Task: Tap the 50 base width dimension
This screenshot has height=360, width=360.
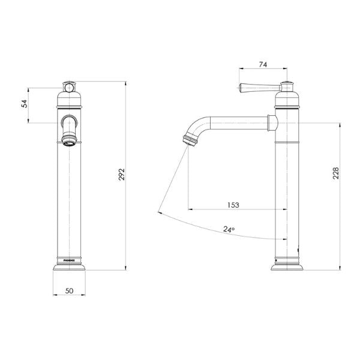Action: [x=69, y=290]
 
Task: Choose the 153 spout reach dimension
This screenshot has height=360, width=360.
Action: [x=233, y=205]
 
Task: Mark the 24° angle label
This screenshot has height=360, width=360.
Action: [x=228, y=229]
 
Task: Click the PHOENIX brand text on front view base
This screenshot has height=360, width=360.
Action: [x=69, y=260]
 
